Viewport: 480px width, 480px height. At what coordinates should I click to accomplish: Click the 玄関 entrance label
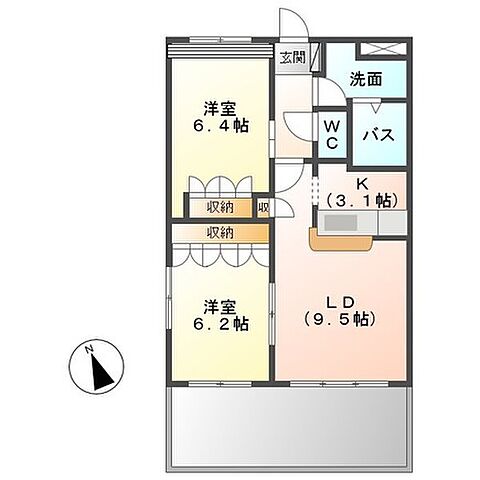(291, 57)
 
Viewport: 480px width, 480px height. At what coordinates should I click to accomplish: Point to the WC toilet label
(331, 134)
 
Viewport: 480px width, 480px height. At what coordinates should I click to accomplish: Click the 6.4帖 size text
(221, 128)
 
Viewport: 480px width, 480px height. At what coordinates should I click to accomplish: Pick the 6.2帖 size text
(221, 324)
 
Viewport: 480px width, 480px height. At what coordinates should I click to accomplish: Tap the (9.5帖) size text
(339, 320)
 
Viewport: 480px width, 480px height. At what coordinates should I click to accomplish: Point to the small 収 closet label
(263, 208)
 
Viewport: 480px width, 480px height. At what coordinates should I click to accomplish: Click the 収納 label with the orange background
(221, 232)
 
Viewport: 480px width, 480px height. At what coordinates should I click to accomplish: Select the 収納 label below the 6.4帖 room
(221, 208)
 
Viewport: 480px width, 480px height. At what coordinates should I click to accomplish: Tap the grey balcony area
(289, 424)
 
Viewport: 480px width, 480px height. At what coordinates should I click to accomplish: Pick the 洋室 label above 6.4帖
(221, 109)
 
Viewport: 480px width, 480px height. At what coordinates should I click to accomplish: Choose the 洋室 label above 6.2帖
(221, 306)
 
